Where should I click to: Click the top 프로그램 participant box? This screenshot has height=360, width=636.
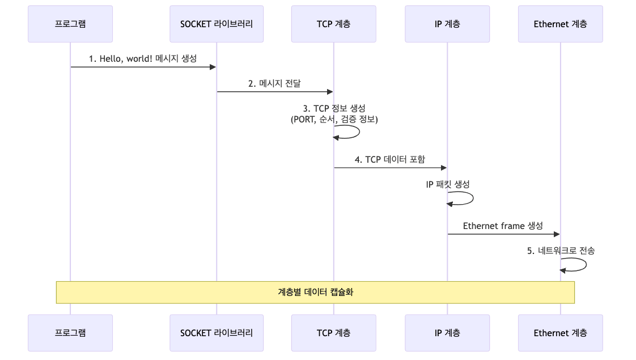pyautogui.click(x=70, y=24)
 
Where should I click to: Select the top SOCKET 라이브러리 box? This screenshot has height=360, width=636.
pyautogui.click(x=217, y=24)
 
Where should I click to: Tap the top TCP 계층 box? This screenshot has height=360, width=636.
pyautogui.click(x=333, y=24)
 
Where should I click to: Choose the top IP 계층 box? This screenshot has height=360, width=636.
pyautogui.click(x=447, y=24)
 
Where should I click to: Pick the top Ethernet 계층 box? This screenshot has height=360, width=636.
pyautogui.click(x=560, y=24)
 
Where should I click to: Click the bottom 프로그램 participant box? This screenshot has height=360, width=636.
pyautogui.click(x=70, y=333)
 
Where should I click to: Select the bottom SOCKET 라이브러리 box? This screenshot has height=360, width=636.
pyautogui.click(x=217, y=333)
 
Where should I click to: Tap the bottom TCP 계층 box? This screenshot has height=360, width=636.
pyautogui.click(x=333, y=333)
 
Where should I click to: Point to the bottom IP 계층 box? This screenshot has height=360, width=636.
pyautogui.click(x=447, y=333)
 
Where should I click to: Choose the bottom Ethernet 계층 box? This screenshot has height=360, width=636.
pyautogui.click(x=560, y=333)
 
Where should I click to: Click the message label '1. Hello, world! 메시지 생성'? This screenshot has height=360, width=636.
pyautogui.click(x=143, y=58)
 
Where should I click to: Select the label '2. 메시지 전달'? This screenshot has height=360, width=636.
pyautogui.click(x=274, y=83)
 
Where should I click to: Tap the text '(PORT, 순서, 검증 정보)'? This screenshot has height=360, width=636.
pyautogui.click(x=334, y=119)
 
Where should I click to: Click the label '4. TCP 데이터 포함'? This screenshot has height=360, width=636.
pyautogui.click(x=390, y=159)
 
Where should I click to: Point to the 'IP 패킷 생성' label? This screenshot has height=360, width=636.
pyautogui.click(x=448, y=184)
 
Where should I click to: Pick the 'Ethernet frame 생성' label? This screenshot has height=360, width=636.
pyautogui.click(x=503, y=226)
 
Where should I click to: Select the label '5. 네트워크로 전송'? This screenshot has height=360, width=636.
pyautogui.click(x=561, y=251)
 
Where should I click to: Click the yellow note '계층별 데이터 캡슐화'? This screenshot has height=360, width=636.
pyautogui.click(x=315, y=292)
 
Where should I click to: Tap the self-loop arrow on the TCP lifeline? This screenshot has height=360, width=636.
pyautogui.click(x=357, y=132)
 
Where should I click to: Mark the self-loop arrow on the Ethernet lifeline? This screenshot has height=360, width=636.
pyautogui.click(x=583, y=265)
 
